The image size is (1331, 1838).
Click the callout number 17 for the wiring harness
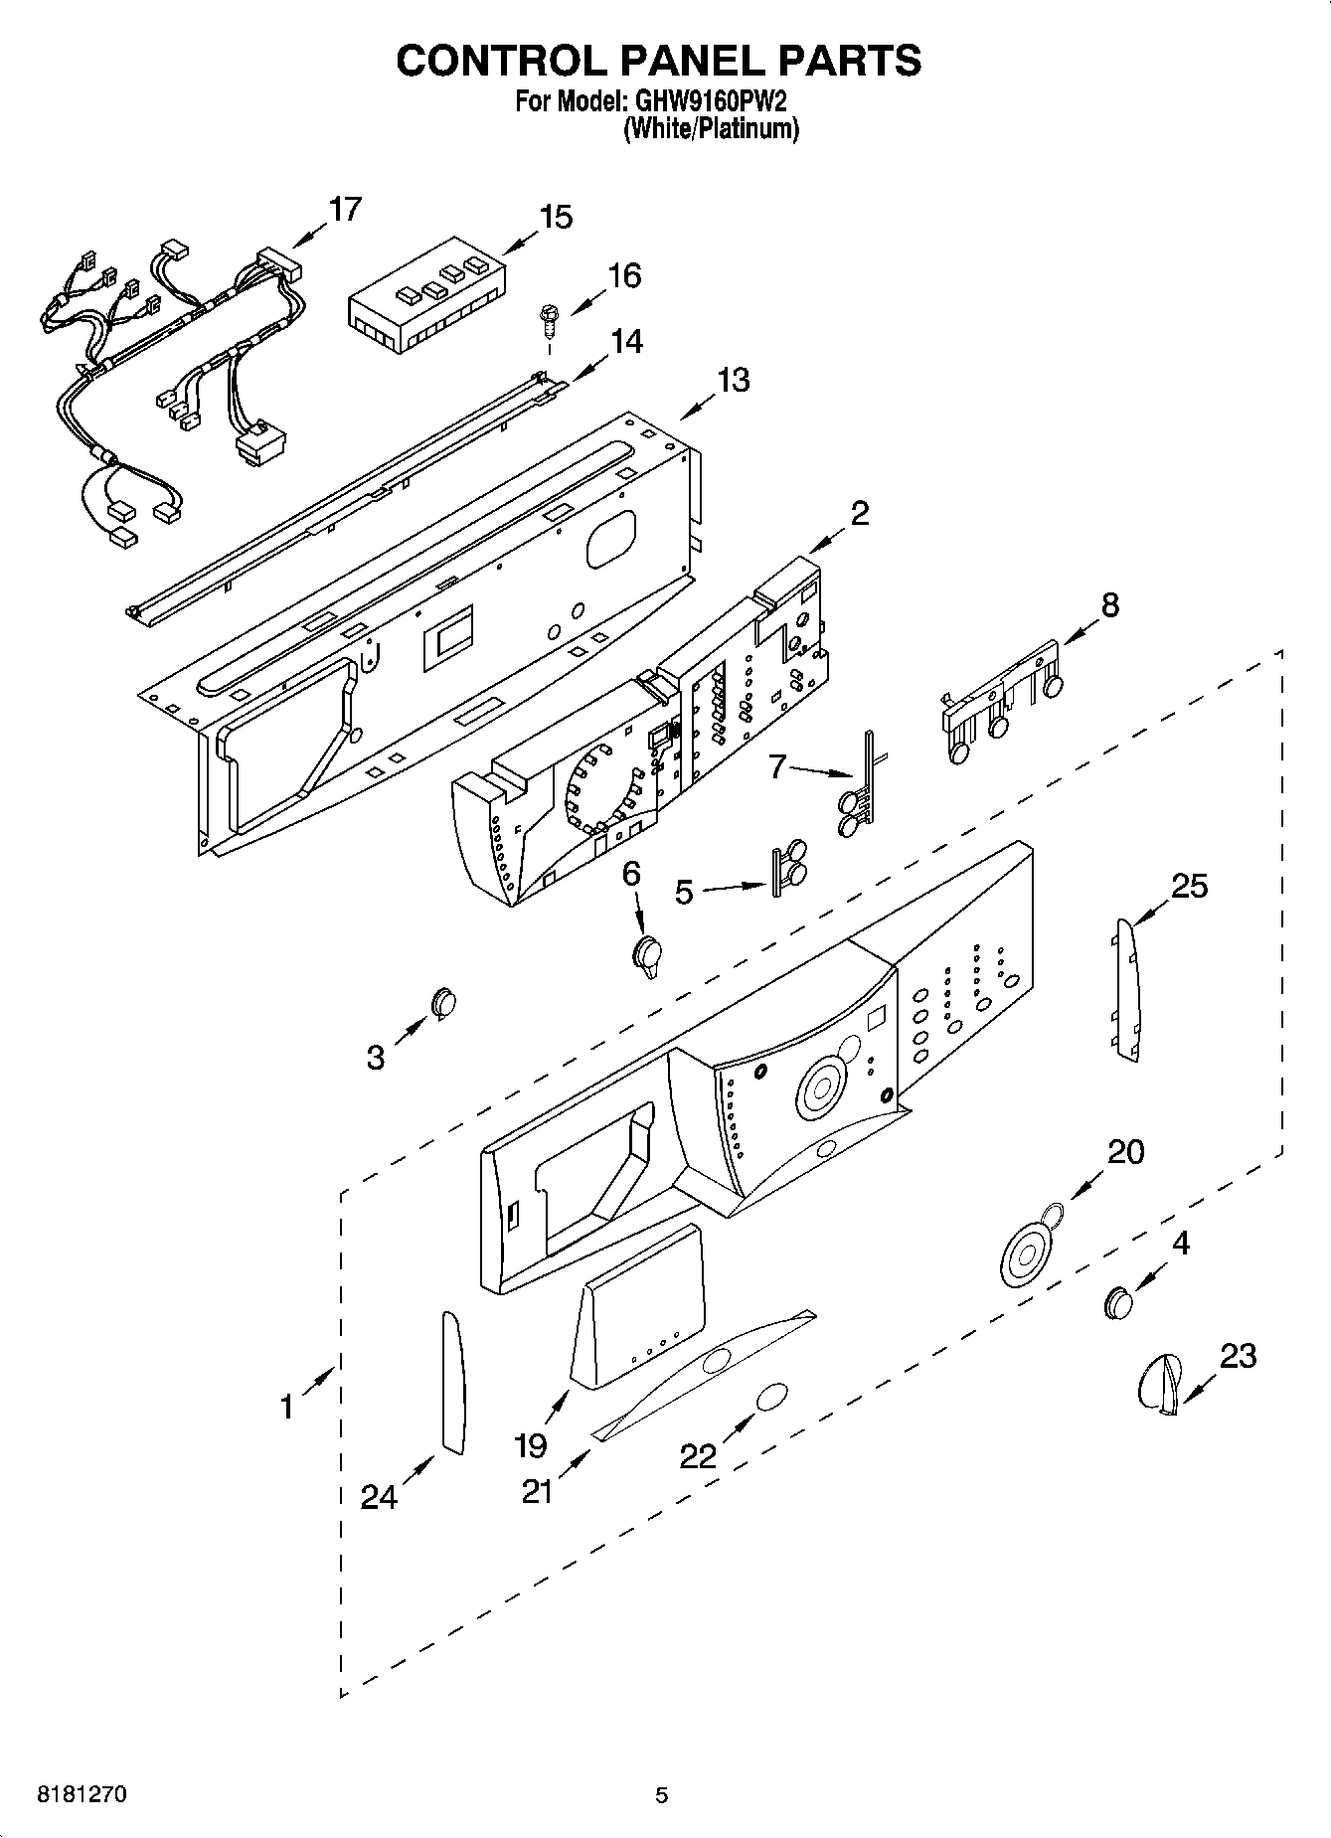345,210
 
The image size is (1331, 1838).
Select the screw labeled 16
546,321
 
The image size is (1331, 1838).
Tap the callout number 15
556,217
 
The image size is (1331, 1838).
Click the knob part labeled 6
647,955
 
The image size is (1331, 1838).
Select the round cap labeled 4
1119,1301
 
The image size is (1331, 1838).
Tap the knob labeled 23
1159,1382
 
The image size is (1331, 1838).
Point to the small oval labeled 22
772,1396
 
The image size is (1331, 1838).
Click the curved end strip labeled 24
452,1382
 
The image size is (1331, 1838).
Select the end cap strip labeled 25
1125,989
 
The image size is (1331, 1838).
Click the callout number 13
734,380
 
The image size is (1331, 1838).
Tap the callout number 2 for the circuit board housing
860,513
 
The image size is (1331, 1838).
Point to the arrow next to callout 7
821,770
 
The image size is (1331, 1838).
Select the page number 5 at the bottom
662,1795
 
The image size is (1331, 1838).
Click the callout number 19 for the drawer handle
530,1444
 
